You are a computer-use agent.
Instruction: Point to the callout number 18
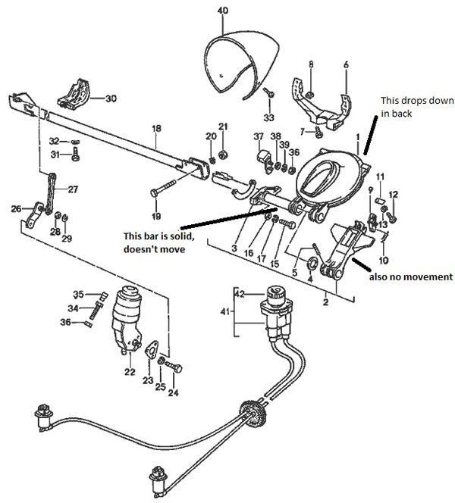156,130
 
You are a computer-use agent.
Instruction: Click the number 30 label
111,98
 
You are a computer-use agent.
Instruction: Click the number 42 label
240,293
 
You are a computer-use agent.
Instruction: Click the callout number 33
268,117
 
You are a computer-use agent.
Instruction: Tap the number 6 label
346,66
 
